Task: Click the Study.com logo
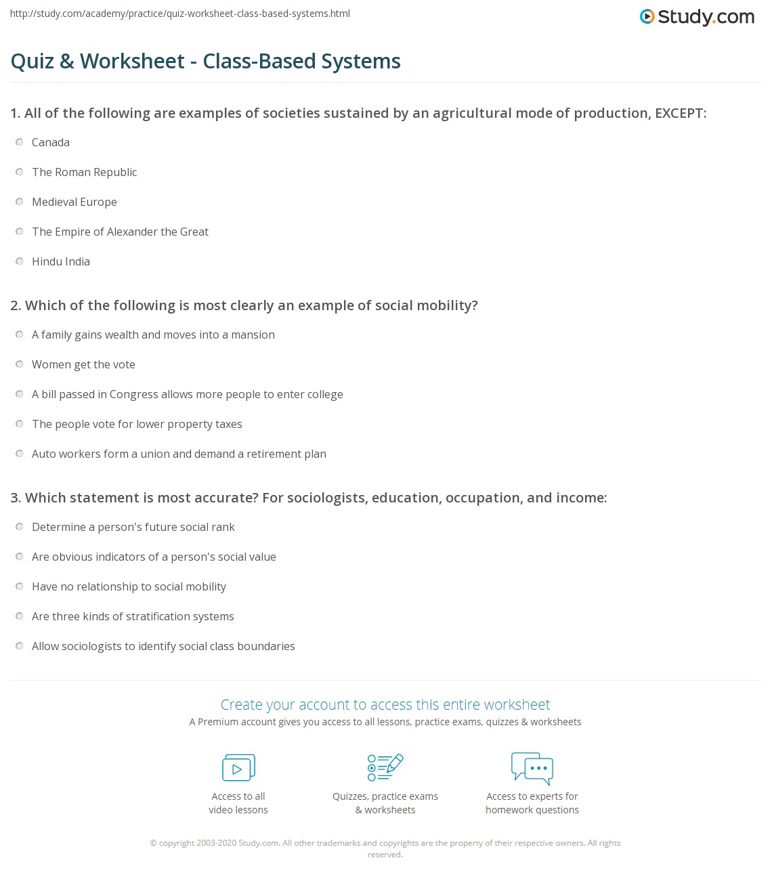point(697,17)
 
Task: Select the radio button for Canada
point(20,142)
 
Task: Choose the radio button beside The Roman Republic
point(20,172)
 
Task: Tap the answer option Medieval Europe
point(74,202)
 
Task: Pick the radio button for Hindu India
point(20,261)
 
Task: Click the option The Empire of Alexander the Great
point(120,232)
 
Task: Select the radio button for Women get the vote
point(20,364)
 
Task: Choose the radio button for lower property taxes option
point(20,424)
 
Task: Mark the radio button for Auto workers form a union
point(20,454)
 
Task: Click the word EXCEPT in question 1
point(679,113)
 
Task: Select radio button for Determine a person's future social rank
point(20,527)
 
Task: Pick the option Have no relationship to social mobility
point(129,586)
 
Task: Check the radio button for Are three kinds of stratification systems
point(20,616)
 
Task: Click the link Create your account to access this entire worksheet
point(385,704)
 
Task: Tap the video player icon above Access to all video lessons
point(238,767)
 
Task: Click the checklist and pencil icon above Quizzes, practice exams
point(385,767)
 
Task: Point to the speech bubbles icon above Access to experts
point(532,767)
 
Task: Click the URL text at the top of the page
point(180,14)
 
